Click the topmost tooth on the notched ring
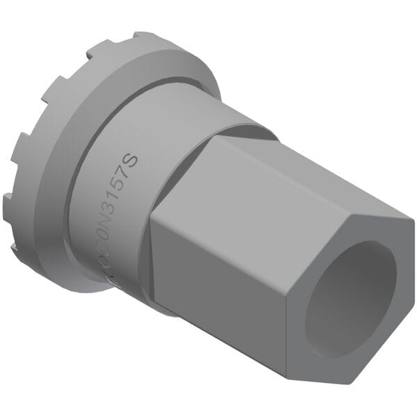[x=142, y=36]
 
